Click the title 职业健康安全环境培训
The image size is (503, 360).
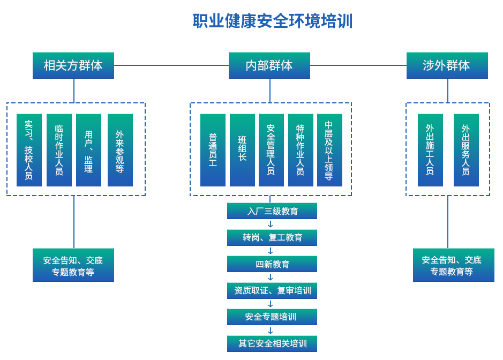(x=272, y=21)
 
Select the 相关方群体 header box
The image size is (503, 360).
(x=73, y=65)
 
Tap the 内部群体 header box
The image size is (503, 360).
(x=269, y=65)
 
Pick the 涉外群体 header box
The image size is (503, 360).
(x=447, y=65)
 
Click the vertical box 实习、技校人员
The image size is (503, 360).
(x=29, y=149)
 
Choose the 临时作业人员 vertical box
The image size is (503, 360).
(x=59, y=149)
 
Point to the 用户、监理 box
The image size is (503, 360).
(x=88, y=149)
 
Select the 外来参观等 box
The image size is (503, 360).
(x=119, y=149)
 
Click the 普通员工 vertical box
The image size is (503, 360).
(x=212, y=149)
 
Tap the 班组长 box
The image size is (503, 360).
(x=242, y=149)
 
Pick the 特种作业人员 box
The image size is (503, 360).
(x=300, y=149)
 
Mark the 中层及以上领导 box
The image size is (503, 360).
(x=329, y=149)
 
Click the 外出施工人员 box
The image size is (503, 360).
(x=430, y=149)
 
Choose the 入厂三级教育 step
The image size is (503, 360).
(x=272, y=211)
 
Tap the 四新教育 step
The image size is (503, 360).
(x=272, y=264)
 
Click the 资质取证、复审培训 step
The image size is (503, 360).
(x=272, y=291)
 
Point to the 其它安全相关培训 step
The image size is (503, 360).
(x=272, y=343)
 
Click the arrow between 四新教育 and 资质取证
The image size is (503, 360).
(x=271, y=277)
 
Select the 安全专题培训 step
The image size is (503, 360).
(x=272, y=317)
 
